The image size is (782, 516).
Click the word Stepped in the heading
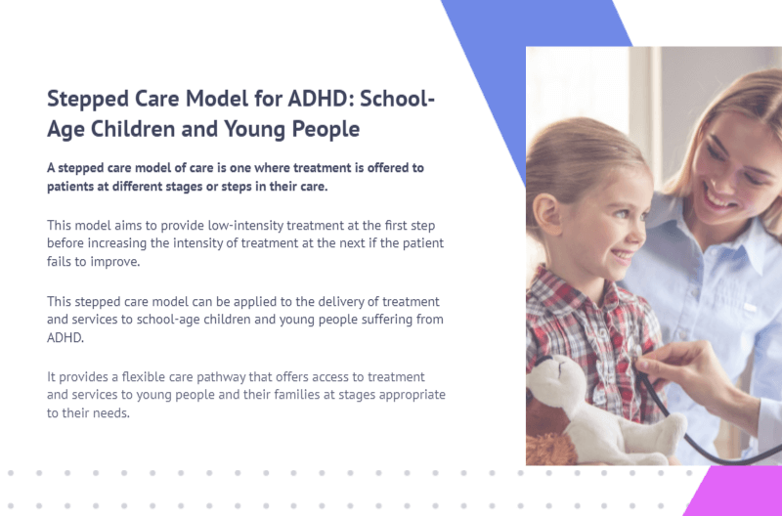point(88,100)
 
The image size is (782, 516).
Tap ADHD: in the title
point(322,98)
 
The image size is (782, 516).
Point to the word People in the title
point(326,129)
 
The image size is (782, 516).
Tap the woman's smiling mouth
point(717,197)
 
